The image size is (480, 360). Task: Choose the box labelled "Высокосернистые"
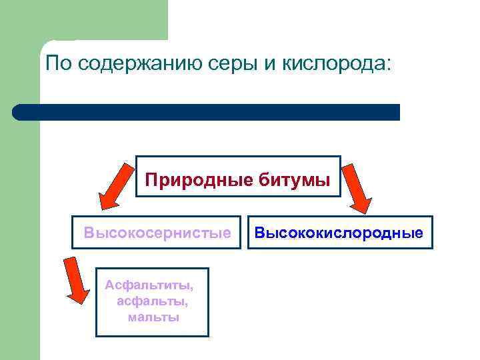coord(157,233)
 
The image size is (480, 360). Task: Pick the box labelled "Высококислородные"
coord(339,233)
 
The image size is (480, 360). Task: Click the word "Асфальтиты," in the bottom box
coord(149,285)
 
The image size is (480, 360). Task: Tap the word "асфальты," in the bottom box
coord(152,301)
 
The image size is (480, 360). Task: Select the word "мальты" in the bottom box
coord(153,317)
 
